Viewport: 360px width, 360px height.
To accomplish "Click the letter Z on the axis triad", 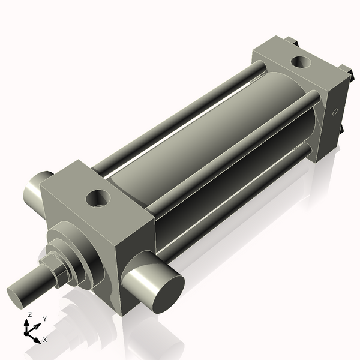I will point(29,314).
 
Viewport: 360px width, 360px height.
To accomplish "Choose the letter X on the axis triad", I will point(44,340).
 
